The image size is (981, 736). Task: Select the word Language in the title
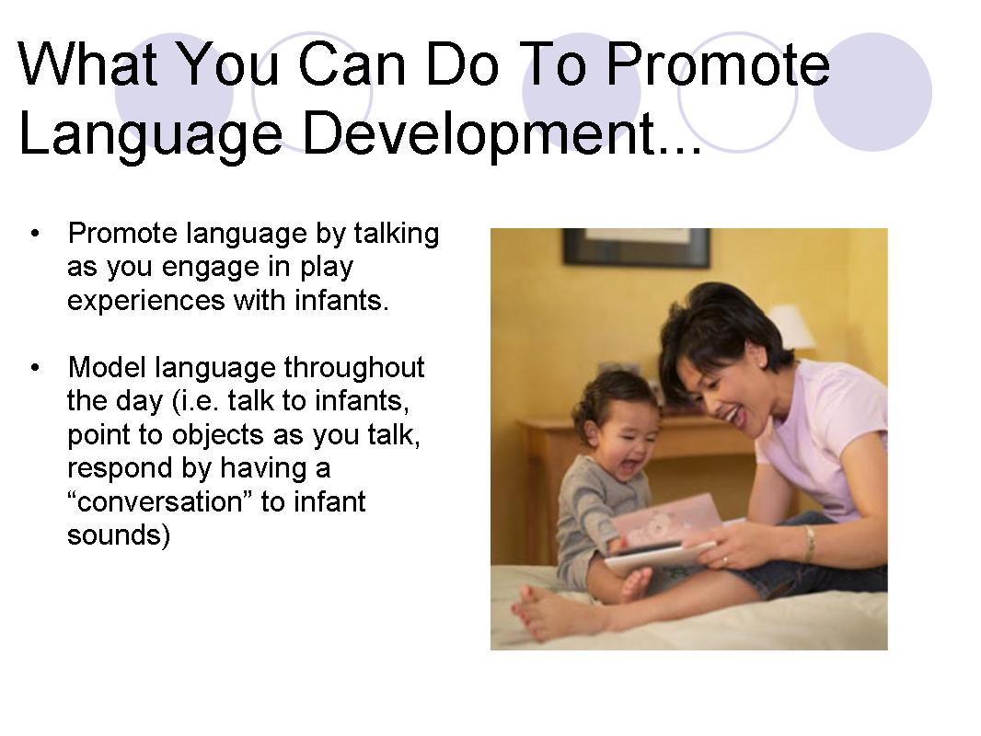pyautogui.click(x=151, y=133)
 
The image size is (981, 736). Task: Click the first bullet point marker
pyautogui.click(x=36, y=234)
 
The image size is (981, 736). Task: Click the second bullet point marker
pyautogui.click(x=36, y=368)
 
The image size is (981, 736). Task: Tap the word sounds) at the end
pyautogui.click(x=118, y=535)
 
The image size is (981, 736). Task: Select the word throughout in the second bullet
pyautogui.click(x=353, y=368)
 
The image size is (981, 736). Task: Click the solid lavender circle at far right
pyautogui.click(x=872, y=91)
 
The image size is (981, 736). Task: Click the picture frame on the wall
pyautogui.click(x=636, y=246)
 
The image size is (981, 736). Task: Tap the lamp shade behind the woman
pyautogui.click(x=791, y=327)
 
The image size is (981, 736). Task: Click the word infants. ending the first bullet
pyautogui.click(x=342, y=301)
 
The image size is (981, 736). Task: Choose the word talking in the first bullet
pyautogui.click(x=397, y=234)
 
